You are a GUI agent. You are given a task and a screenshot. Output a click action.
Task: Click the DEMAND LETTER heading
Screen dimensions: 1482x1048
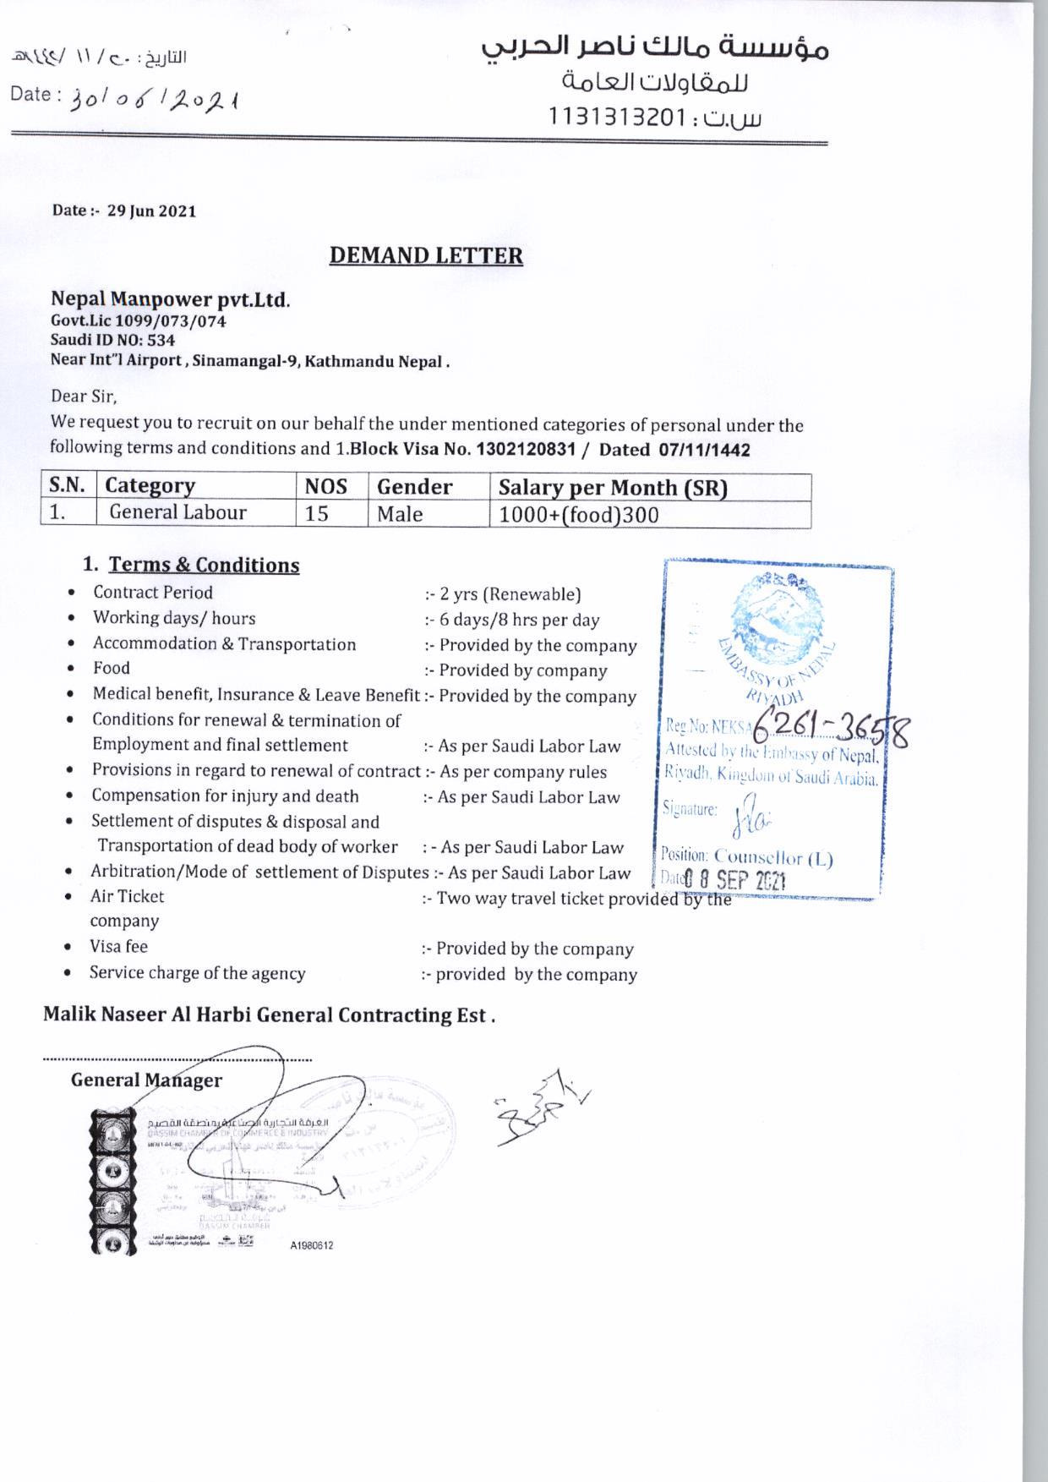(426, 255)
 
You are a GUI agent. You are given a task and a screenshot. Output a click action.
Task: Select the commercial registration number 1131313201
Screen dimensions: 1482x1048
(614, 117)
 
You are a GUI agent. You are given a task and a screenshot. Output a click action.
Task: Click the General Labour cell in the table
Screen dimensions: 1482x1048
(178, 512)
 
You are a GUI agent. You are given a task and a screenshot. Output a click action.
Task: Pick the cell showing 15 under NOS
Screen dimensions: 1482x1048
(317, 514)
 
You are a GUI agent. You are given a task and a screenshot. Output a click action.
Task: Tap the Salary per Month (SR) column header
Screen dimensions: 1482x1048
(613, 488)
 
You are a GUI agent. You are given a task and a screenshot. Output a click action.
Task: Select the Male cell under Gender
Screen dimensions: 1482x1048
(400, 514)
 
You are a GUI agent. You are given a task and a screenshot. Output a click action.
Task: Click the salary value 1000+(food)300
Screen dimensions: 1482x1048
(579, 515)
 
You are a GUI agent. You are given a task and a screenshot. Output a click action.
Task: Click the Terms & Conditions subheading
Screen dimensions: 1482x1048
(205, 565)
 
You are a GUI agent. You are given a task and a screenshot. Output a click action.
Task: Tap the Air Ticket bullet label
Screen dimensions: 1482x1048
(127, 896)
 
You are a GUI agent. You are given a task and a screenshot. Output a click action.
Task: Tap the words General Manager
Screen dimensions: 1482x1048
(146, 1080)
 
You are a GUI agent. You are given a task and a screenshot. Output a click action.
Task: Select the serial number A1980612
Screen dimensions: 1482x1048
(311, 1246)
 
